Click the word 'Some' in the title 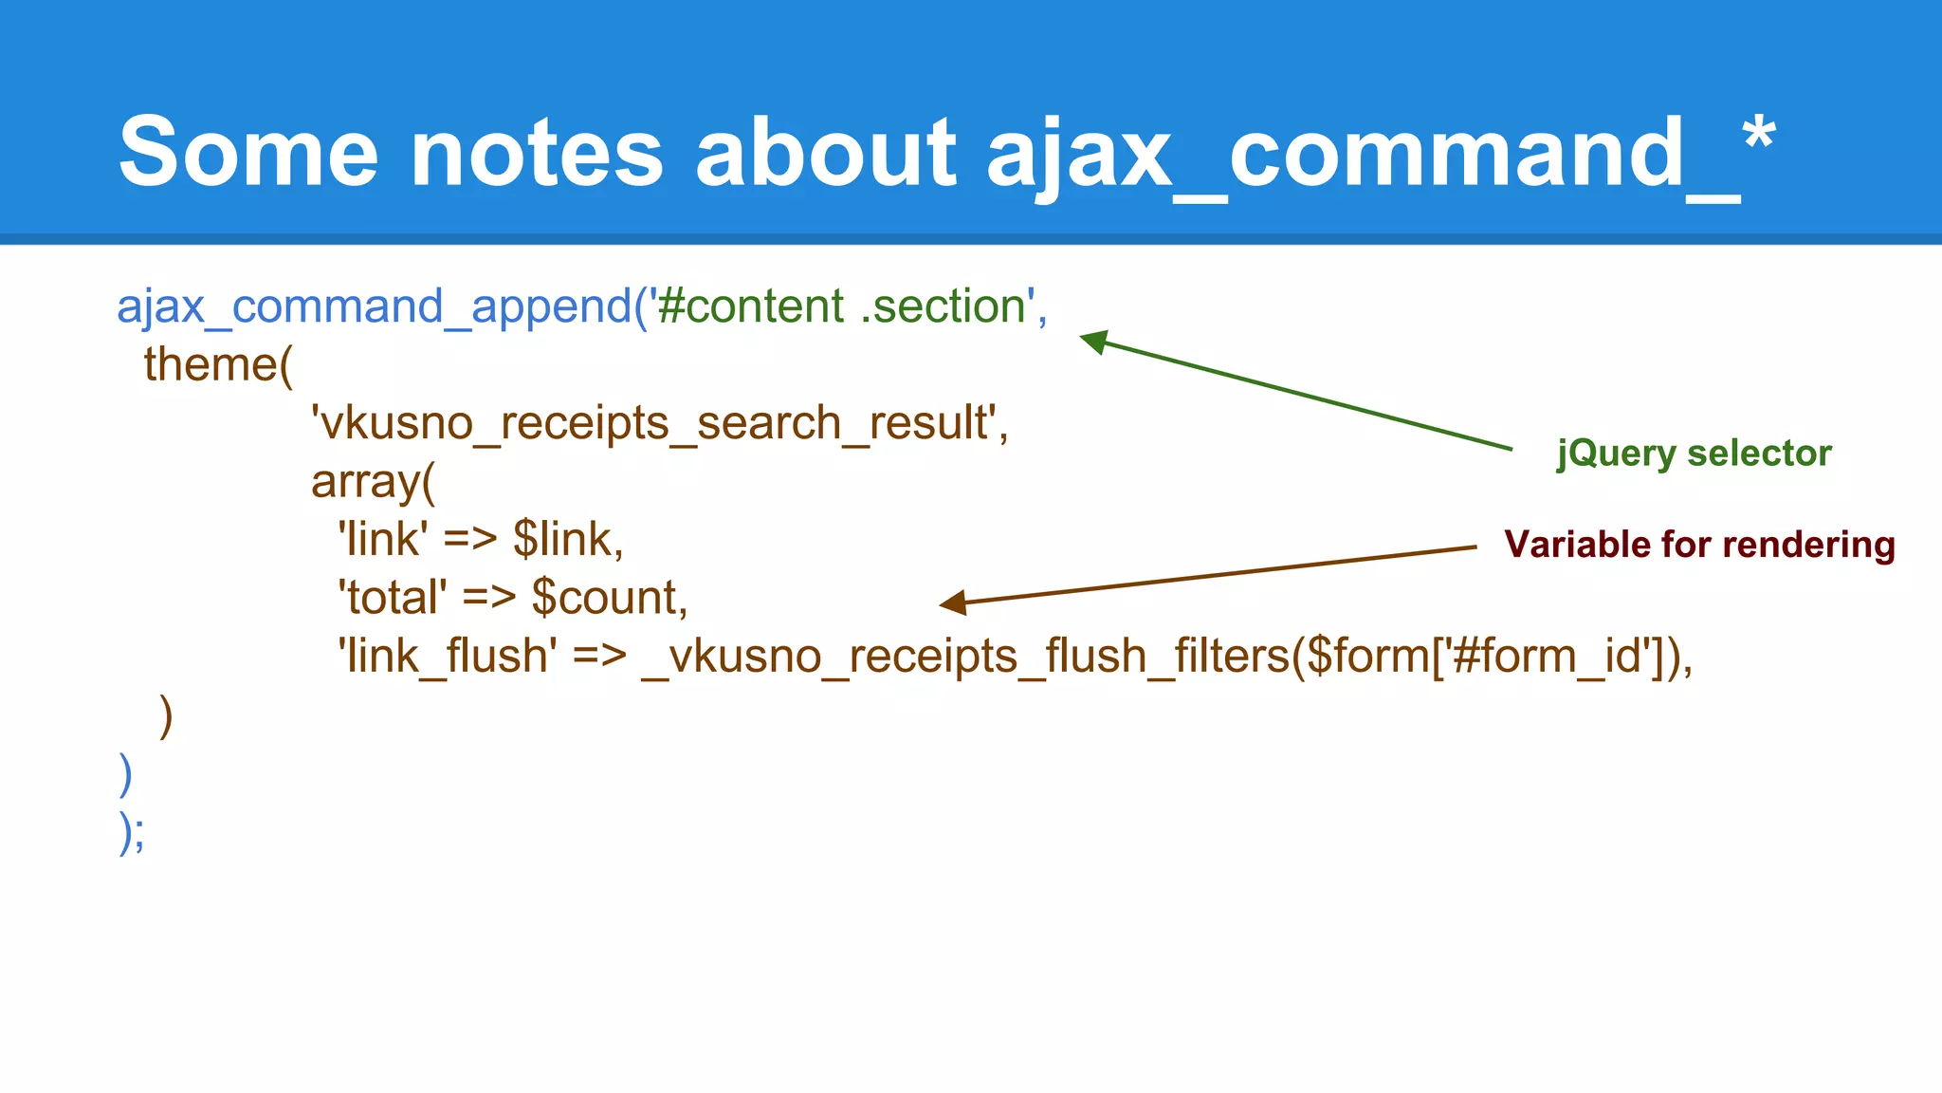click(248, 152)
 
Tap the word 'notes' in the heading click(537, 152)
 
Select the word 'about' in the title click(826, 152)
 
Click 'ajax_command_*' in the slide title click(1381, 152)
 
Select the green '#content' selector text click(749, 306)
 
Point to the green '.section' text click(943, 306)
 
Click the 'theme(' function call click(219, 365)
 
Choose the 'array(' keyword click(373, 482)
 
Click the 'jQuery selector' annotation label click(1694, 454)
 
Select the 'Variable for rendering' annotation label click(1699, 545)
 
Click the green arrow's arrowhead click(1093, 341)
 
